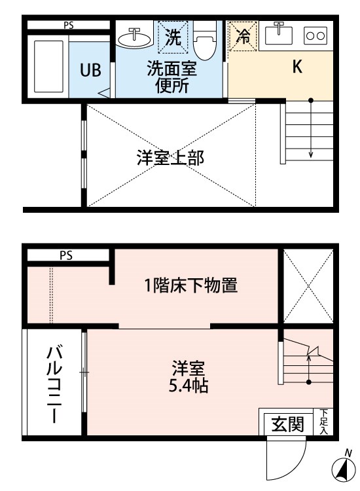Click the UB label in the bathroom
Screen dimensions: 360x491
pyautogui.click(x=90, y=70)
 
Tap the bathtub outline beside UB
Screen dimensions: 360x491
pyautogui.click(x=48, y=66)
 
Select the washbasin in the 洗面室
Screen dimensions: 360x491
pyautogui.click(x=134, y=38)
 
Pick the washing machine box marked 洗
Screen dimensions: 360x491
pyautogui.click(x=173, y=36)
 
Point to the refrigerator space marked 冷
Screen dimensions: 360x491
pyautogui.click(x=243, y=36)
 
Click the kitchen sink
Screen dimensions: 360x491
pyautogui.click(x=279, y=35)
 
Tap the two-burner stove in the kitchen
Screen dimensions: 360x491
pyautogui.click(x=315, y=35)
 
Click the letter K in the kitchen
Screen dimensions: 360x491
pyautogui.click(x=297, y=66)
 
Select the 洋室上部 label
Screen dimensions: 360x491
pyautogui.click(x=170, y=158)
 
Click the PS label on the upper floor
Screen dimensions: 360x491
pyautogui.click(x=69, y=25)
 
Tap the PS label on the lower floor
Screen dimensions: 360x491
pyautogui.click(x=66, y=255)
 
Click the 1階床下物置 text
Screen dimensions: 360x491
pyautogui.click(x=190, y=285)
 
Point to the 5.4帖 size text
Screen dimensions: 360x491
pyautogui.click(x=189, y=387)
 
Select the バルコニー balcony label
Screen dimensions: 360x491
pyautogui.click(x=54, y=385)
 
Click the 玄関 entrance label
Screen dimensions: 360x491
pyautogui.click(x=288, y=424)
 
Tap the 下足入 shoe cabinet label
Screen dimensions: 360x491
pyautogui.click(x=324, y=422)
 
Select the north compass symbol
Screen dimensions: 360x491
pyautogui.click(x=344, y=467)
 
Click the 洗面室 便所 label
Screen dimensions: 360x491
pyautogui.click(x=172, y=77)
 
